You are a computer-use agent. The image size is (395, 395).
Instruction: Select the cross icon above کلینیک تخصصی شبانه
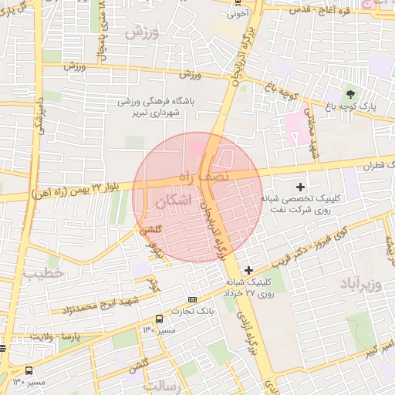pos(300,187)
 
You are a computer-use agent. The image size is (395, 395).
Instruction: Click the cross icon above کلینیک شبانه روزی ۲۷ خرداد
pos(248,270)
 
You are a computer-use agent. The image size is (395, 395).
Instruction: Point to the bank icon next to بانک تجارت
pos(192,299)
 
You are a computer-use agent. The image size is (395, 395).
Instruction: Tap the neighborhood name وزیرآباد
pos(360,284)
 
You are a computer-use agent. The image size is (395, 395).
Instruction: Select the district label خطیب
pos(37,273)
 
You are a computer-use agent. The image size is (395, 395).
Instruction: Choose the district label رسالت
pos(165,386)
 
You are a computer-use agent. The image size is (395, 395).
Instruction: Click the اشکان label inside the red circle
pos(171,202)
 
